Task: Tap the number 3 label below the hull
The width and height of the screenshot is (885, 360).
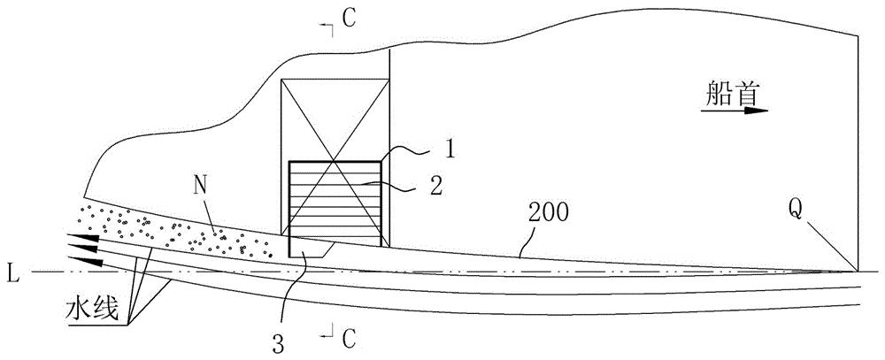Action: click(x=278, y=343)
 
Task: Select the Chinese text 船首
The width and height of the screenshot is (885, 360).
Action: click(x=731, y=94)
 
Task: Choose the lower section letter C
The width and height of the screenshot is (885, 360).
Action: click(x=349, y=338)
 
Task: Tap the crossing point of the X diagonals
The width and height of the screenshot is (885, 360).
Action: click(x=335, y=163)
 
